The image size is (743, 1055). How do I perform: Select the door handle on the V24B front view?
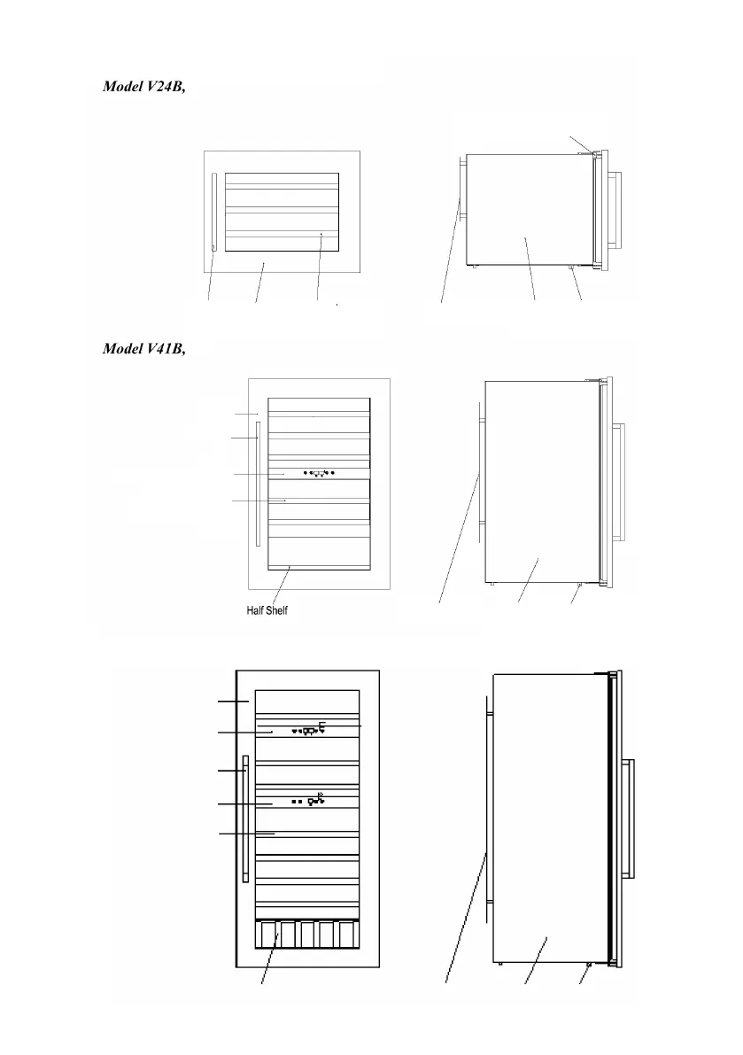click(x=213, y=213)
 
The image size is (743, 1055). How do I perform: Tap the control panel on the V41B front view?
click(x=318, y=474)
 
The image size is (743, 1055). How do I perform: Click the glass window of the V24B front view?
click(x=282, y=213)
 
